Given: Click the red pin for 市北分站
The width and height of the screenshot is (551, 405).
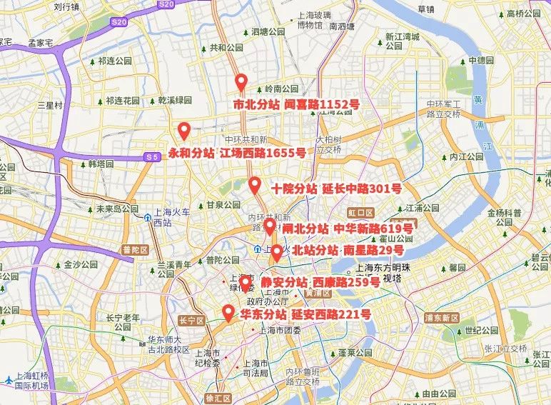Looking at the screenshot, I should click(241, 82).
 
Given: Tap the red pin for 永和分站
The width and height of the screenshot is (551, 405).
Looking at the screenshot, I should click(183, 131).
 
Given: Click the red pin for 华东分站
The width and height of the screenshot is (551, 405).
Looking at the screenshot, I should click(228, 312).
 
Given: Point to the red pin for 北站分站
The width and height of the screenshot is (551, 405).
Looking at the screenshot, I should click(276, 252).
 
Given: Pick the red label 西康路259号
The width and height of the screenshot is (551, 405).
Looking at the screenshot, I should click(345, 283).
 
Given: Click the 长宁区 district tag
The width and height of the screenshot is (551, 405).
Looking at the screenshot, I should click(191, 321).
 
